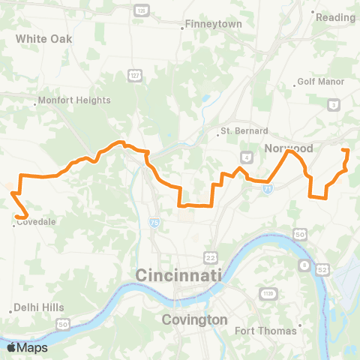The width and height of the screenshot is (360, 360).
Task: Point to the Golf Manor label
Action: pos(320,81)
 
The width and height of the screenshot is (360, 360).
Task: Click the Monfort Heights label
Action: pos(74,100)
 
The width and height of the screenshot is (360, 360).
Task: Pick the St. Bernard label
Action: pos(240,131)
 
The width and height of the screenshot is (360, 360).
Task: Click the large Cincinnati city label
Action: pos(179,276)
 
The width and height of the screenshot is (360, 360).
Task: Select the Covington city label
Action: pos(195,319)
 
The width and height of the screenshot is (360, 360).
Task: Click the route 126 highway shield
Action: pos(140,10)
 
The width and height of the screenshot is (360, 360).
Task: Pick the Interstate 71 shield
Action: pos(268,190)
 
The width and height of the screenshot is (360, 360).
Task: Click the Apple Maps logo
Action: pos(27,347)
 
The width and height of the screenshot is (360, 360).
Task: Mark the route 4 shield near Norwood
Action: pos(246,156)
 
